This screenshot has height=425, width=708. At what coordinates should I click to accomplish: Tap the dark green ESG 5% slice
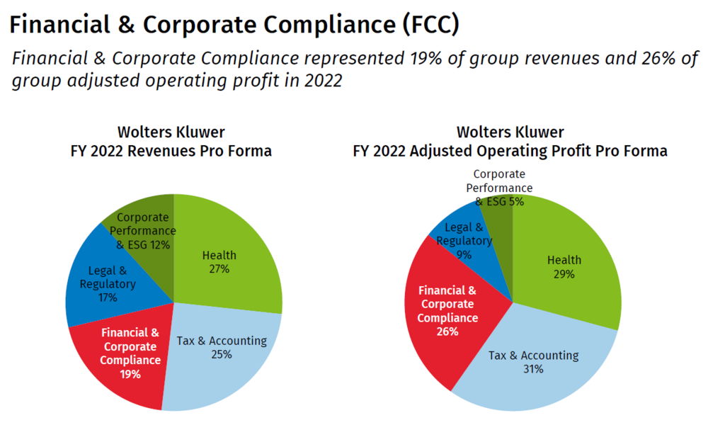499,212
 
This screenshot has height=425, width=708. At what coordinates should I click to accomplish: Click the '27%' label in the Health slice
219,269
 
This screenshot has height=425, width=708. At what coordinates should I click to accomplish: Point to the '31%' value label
533,369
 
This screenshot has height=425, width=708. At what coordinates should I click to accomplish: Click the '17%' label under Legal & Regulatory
108,297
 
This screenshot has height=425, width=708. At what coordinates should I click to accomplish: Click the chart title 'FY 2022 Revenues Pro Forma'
171,151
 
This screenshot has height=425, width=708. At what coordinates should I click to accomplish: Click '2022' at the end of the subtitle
322,81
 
